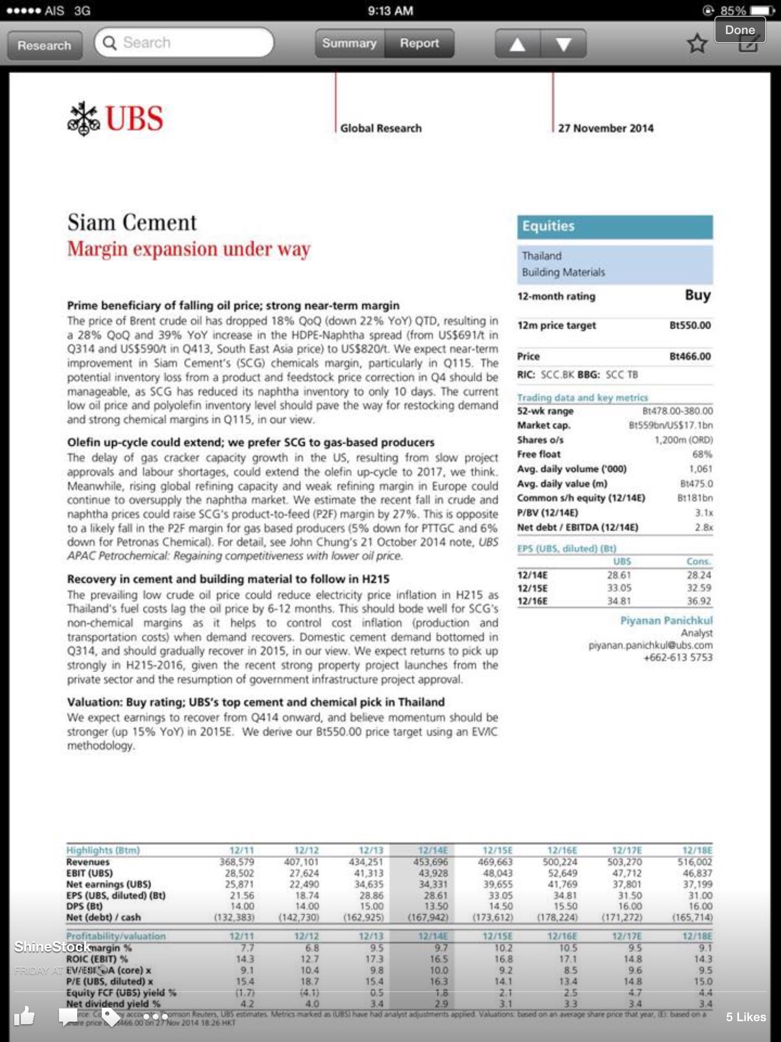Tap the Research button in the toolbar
click(44, 45)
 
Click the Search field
click(184, 43)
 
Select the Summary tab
click(349, 43)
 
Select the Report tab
click(419, 43)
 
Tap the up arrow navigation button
click(517, 44)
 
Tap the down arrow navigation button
click(563, 44)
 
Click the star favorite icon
click(697, 44)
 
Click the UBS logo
click(115, 119)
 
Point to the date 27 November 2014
click(606, 128)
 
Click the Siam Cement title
click(132, 223)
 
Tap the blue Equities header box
click(615, 226)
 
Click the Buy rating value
click(698, 296)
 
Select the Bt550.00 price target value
click(690, 326)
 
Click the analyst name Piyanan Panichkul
click(666, 621)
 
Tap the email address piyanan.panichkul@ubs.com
click(650, 646)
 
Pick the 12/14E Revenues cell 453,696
click(431, 862)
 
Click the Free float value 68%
click(702, 454)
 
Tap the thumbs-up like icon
click(24, 1017)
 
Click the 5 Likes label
click(745, 1017)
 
